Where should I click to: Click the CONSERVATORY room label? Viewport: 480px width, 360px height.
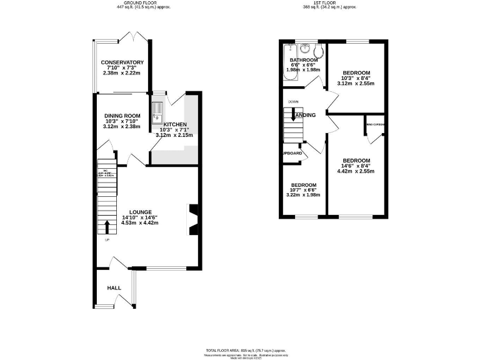(x=123, y=62)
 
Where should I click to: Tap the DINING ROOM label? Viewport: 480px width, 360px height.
(x=122, y=116)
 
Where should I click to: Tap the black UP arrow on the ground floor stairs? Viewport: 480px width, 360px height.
(x=106, y=226)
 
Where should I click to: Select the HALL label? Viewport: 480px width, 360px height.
(x=114, y=288)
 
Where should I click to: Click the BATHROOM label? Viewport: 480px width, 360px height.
(x=302, y=60)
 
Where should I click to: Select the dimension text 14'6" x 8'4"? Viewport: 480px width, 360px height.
(x=355, y=166)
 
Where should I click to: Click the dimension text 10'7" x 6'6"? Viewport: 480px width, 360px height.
(x=303, y=190)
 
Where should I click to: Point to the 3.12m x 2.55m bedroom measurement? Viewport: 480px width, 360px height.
(x=356, y=83)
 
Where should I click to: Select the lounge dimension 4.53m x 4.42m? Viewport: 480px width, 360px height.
(x=140, y=222)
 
